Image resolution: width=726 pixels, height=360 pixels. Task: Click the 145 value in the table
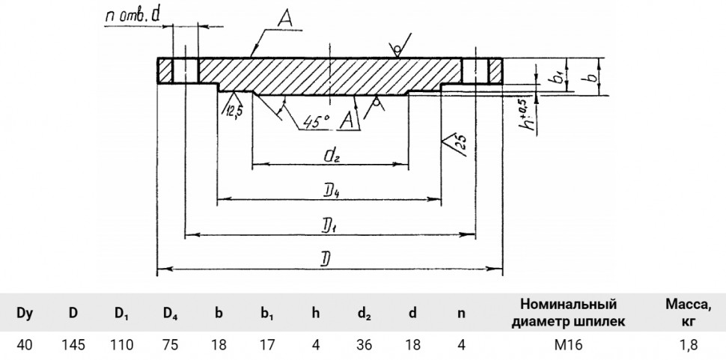[73, 345]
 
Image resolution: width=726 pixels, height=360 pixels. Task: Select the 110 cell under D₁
[121, 345]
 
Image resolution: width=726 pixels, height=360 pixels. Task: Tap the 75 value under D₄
[171, 345]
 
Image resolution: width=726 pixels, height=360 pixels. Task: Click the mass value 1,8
[689, 345]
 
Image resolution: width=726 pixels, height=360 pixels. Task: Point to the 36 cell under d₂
[364, 345]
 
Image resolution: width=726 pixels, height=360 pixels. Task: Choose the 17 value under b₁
[267, 345]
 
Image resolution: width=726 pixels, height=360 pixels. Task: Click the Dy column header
[25, 314]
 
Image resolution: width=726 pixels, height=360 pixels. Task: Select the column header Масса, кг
[689, 312]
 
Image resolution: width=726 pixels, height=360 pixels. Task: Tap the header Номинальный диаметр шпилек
[568, 312]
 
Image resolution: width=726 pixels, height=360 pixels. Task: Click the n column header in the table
[461, 314]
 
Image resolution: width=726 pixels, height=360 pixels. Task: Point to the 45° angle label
[317, 121]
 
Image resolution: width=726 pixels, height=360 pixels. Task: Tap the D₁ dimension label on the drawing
[329, 226]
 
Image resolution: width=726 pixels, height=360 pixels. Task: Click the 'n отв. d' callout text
[132, 17]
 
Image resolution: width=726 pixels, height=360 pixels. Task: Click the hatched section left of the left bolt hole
[165, 71]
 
